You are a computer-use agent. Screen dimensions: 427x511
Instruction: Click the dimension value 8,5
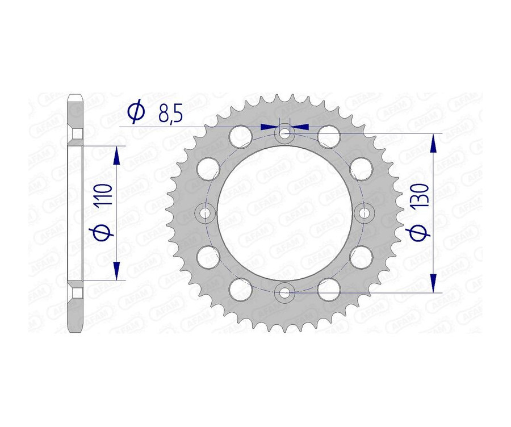click(170, 115)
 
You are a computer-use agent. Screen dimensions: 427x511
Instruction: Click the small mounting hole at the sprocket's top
click(284, 134)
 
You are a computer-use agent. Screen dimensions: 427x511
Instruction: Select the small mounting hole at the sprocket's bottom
click(284, 293)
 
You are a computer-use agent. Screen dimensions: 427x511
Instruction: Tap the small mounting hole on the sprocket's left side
click(204, 213)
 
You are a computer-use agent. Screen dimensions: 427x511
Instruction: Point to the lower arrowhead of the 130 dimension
click(434, 283)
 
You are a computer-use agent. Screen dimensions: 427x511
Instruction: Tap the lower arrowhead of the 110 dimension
click(116, 271)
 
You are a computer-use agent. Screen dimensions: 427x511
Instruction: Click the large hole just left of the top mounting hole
click(240, 137)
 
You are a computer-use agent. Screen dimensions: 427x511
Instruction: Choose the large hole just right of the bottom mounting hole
click(328, 290)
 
